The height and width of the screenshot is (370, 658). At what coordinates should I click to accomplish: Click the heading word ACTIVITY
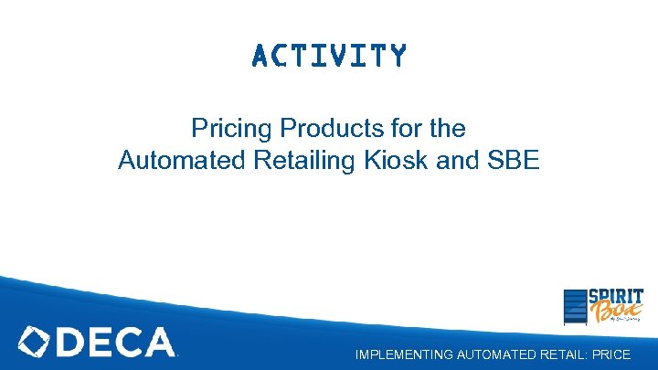329,57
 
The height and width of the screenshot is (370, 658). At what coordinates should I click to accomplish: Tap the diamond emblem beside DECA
36,343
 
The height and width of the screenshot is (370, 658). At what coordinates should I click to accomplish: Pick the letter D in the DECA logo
73,343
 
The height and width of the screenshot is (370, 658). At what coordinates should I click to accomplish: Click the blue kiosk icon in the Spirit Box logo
574,307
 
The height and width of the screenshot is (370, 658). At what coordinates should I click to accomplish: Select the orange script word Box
610,314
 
